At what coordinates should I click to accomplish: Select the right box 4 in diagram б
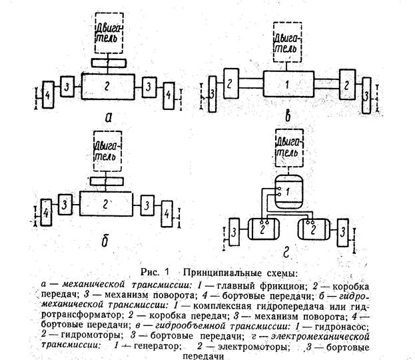pyautogui.click(x=163, y=210)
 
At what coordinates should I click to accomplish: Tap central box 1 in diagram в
pyautogui.click(x=287, y=85)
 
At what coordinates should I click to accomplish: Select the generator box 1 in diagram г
pyautogui.click(x=286, y=191)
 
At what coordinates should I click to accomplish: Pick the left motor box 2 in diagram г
pyautogui.click(x=264, y=228)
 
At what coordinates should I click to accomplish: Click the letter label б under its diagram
pyautogui.click(x=104, y=242)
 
